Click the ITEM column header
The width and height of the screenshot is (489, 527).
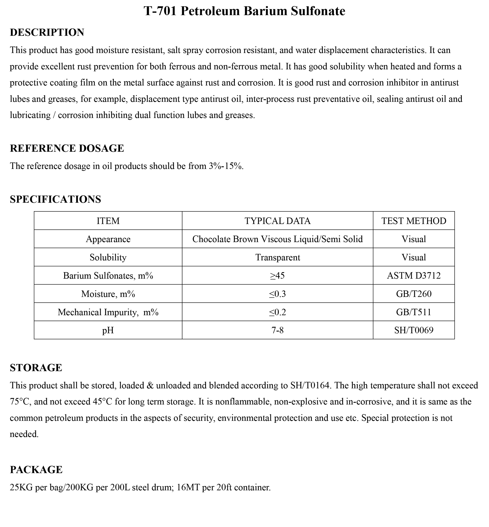click(108, 221)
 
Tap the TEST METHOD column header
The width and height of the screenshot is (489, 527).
click(414, 221)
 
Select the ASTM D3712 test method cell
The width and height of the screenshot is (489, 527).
click(414, 276)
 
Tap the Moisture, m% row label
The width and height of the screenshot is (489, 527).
click(108, 294)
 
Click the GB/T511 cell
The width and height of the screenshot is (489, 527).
click(414, 312)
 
